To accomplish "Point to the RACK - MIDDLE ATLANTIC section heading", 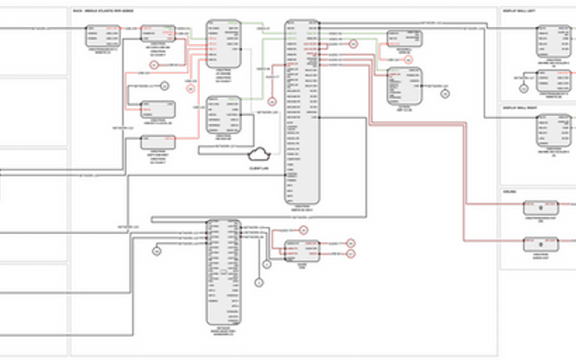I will [x=104, y=12].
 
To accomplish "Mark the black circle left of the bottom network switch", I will [x=156, y=252].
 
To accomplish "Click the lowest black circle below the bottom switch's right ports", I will [x=257, y=282].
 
